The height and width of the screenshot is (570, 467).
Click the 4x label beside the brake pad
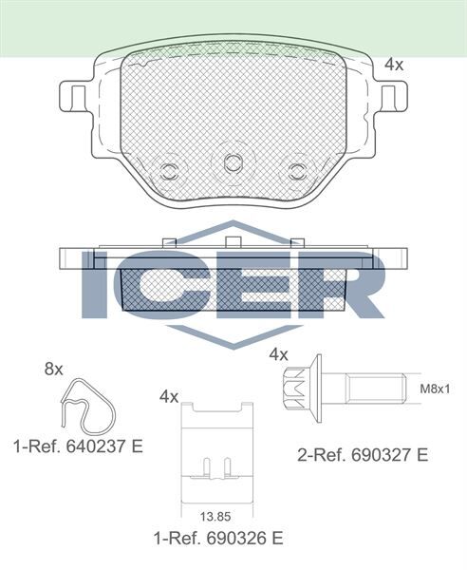click(394, 65)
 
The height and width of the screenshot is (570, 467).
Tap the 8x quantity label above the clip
click(53, 369)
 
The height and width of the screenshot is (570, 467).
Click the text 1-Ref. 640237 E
click(77, 445)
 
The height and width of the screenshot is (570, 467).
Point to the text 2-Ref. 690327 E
click(363, 456)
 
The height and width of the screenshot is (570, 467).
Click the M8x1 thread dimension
click(435, 389)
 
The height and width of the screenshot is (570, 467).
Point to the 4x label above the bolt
click(278, 353)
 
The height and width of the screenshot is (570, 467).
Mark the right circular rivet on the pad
click(297, 172)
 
